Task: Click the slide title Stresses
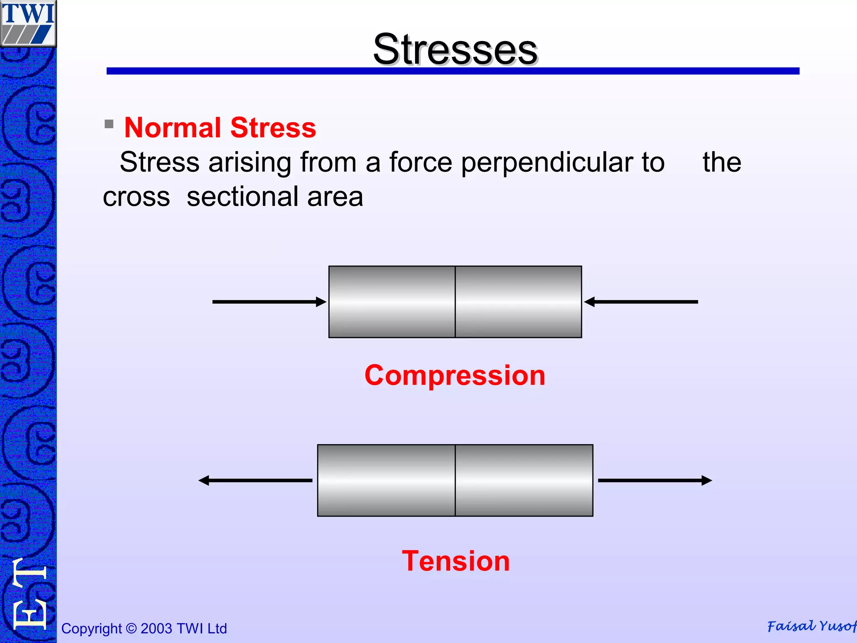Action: point(455,49)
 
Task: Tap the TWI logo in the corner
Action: point(28,23)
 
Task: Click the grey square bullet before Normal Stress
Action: point(109,124)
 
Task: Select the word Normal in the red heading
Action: point(173,128)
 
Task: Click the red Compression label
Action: point(455,375)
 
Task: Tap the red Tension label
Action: point(456,561)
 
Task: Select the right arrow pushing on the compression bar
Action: point(641,302)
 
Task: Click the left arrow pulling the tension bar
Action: point(255,481)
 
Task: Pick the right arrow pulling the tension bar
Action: point(655,481)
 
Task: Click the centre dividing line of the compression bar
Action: point(455,302)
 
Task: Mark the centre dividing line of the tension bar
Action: point(455,481)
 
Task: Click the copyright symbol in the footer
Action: point(131,628)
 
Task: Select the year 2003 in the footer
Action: point(157,628)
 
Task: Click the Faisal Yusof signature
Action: point(811,626)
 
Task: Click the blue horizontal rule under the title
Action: point(453,71)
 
